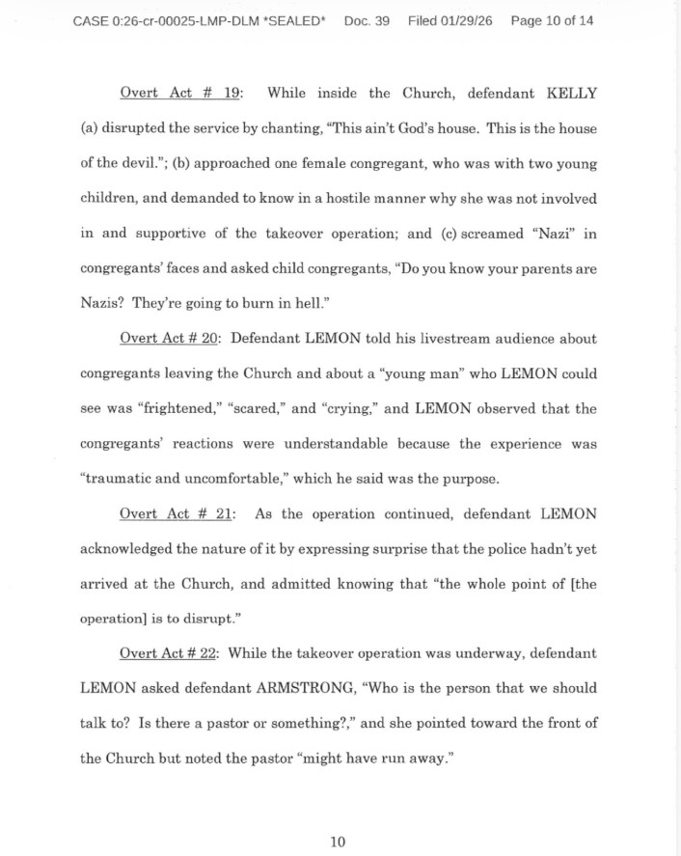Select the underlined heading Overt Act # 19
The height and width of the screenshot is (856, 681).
(181, 94)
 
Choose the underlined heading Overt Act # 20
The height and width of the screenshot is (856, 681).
(171, 339)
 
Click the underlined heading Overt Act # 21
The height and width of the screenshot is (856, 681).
(177, 513)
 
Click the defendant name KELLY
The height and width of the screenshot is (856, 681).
(570, 94)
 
